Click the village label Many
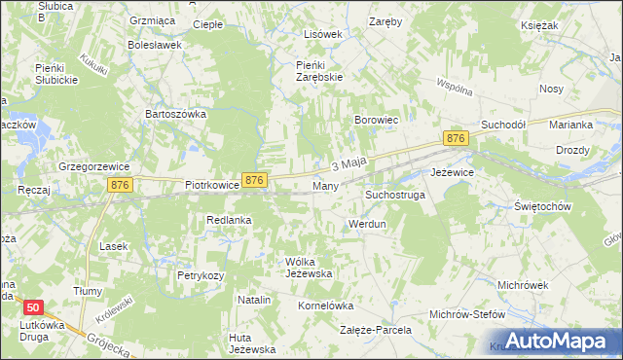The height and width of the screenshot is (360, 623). tap(325, 185)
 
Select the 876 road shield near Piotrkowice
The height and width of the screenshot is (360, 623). tap(254, 180)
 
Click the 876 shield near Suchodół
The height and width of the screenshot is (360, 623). tap(455, 140)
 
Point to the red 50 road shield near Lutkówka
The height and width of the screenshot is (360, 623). tap(34, 306)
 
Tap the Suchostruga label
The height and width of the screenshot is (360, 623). tap(395, 195)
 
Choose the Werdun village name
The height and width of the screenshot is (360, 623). tap(368, 224)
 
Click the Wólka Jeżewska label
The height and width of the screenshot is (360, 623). tap(309, 268)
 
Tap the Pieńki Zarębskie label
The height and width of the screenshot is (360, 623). tap(319, 71)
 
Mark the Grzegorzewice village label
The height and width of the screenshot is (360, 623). tap(93, 165)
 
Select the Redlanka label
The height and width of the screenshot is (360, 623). tap(229, 220)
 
